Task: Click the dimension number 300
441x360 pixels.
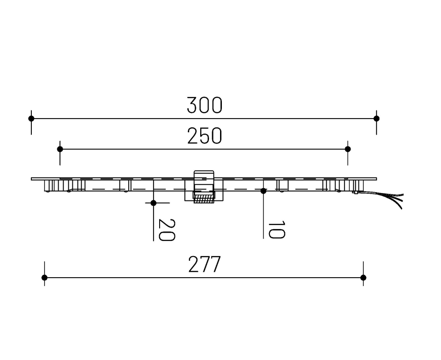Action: [204, 106]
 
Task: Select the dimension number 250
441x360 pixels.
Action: [204, 137]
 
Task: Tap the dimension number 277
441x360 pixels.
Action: [204, 265]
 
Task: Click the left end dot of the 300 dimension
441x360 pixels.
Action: [31, 119]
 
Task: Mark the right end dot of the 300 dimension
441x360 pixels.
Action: [376, 119]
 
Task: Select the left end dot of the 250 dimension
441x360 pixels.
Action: [60, 149]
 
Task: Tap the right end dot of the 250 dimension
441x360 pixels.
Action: [348, 149]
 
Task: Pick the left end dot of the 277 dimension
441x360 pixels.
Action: [44, 278]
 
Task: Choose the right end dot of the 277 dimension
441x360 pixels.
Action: [363, 278]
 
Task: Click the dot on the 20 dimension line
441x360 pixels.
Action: [153, 203]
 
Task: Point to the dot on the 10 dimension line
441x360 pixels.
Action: [263, 191]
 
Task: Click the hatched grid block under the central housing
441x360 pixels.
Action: [204, 198]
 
